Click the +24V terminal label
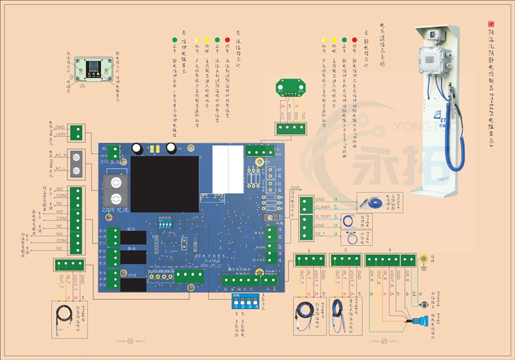pos(61,135)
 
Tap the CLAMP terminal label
pos(323,207)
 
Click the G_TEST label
pos(324,217)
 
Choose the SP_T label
pos(321,227)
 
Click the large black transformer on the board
pos(165,184)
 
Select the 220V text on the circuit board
pos(111,210)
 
